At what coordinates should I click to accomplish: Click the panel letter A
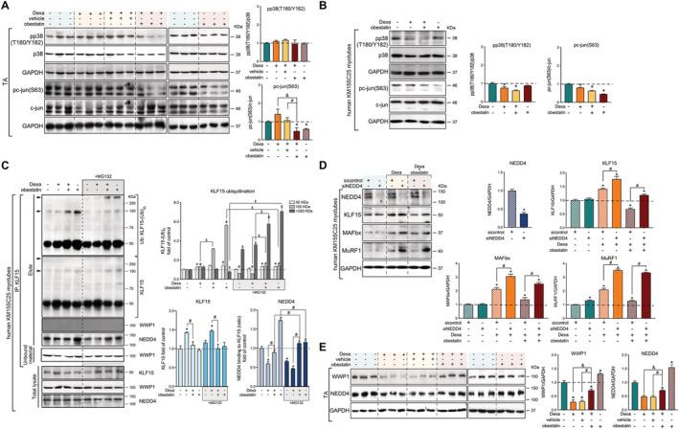tap(7, 7)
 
